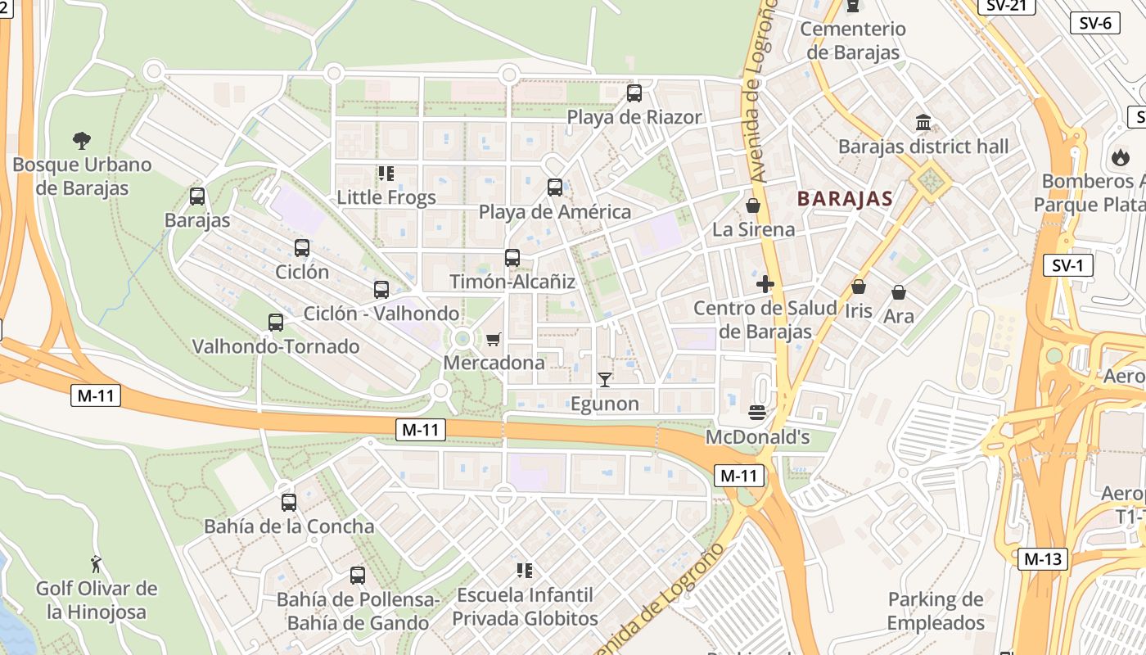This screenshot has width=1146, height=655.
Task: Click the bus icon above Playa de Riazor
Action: coord(634,93)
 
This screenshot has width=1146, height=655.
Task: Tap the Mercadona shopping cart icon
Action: coord(493,339)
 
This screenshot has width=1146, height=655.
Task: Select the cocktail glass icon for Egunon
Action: coord(605,379)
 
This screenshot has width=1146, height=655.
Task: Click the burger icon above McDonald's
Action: coord(757,412)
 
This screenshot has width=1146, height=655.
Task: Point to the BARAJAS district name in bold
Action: coord(845,198)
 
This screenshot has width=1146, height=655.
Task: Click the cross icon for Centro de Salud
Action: coord(765,284)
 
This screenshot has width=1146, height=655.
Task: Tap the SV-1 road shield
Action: coord(1068,265)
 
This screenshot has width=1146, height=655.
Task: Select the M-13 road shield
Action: coord(1043,559)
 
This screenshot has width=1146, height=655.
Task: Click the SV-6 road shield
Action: coord(1094,23)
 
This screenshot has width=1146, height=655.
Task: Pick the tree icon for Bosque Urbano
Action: coord(81,140)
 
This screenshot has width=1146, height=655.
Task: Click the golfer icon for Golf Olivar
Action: coord(97,564)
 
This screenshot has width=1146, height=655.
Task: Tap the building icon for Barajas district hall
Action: coord(923,123)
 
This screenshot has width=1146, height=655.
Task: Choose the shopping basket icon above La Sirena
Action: coord(753,206)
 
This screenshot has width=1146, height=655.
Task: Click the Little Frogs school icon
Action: coord(386,174)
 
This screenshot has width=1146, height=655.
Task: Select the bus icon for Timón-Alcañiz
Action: coord(512,258)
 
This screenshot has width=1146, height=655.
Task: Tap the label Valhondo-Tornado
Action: coord(275,346)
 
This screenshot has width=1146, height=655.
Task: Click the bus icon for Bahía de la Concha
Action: coord(288,503)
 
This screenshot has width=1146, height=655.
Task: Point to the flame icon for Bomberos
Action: coord(1120,157)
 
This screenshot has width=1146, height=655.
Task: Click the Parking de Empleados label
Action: coord(936,611)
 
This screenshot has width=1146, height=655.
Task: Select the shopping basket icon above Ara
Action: coord(899,292)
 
